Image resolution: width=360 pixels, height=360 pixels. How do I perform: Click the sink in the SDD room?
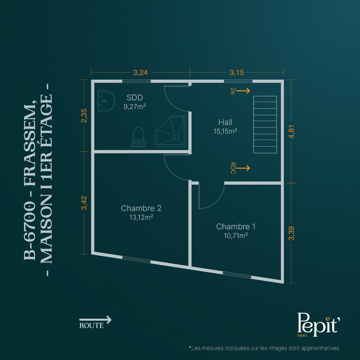click(x=106, y=101)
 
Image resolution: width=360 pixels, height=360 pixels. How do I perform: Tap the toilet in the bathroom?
click(x=138, y=137)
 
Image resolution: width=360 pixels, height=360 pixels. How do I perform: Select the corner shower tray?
click(x=170, y=131)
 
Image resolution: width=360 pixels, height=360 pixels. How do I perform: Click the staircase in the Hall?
click(x=265, y=124)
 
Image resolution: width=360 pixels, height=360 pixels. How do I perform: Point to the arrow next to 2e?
click(x=243, y=91)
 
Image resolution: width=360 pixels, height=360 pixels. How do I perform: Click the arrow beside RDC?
click(x=243, y=168)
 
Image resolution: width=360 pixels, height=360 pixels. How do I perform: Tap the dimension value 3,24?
click(x=140, y=73)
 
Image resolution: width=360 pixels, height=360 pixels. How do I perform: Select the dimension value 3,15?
click(x=237, y=73)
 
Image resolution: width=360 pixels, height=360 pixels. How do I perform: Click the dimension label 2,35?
click(x=84, y=115)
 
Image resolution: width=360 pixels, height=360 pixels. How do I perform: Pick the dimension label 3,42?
click(x=84, y=203)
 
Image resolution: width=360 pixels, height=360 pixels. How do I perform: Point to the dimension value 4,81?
click(x=291, y=132)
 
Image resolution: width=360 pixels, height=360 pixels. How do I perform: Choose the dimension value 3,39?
click(x=291, y=233)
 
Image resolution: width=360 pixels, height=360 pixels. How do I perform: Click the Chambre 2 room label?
click(x=141, y=208)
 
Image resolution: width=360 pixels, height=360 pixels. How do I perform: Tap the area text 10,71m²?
click(x=236, y=236)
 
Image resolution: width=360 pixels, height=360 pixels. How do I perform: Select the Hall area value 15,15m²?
click(x=225, y=131)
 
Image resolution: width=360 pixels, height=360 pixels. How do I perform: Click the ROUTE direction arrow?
click(x=95, y=320)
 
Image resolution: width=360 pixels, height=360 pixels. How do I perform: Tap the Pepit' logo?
click(x=318, y=324)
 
